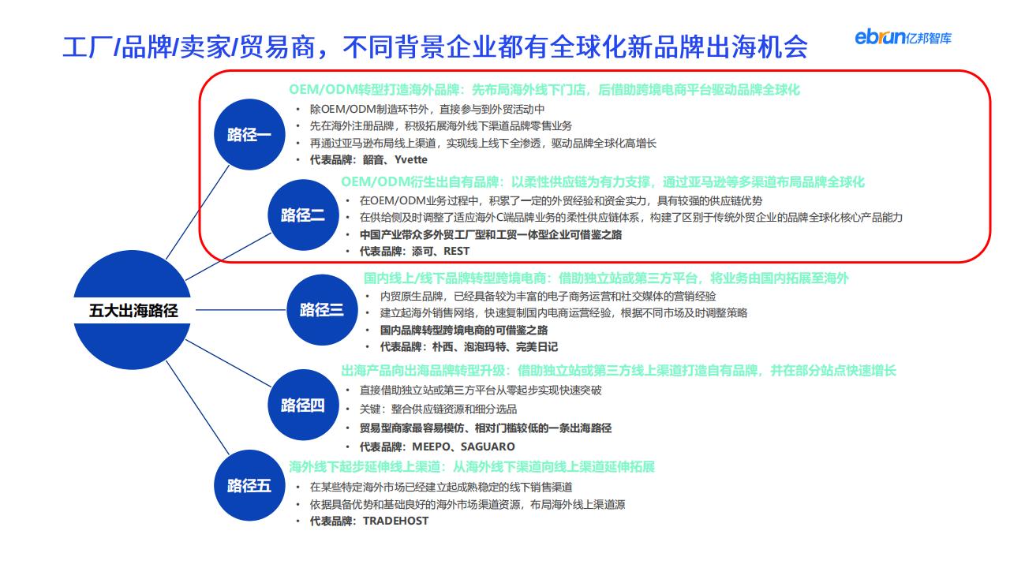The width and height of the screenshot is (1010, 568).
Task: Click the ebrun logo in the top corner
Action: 903,37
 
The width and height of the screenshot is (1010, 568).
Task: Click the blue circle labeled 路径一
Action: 249,134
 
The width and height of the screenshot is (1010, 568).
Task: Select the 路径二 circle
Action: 303,215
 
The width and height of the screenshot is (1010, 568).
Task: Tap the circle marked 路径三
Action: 322,310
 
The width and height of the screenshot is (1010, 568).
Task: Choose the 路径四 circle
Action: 303,405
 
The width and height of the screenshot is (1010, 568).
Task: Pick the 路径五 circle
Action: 249,485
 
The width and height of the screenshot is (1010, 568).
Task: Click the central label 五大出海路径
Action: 133,311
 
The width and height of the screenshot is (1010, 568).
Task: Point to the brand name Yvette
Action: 411,159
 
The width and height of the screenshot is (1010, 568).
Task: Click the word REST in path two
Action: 456,251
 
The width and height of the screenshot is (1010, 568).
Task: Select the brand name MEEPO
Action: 431,447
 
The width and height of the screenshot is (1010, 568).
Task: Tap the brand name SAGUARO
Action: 488,447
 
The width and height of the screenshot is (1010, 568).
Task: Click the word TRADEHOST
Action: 396,521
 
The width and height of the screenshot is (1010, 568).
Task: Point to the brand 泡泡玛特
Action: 485,346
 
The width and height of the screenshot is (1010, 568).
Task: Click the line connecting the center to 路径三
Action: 241,310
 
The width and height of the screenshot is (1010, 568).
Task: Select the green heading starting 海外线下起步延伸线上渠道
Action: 472,466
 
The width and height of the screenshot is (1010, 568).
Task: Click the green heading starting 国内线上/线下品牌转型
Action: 606,278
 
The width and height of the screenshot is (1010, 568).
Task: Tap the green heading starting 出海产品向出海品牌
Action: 618,371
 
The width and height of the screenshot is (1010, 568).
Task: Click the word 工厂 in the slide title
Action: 88,47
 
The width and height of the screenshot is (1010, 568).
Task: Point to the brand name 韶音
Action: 373,159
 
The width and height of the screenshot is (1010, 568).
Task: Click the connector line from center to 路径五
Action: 198,408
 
